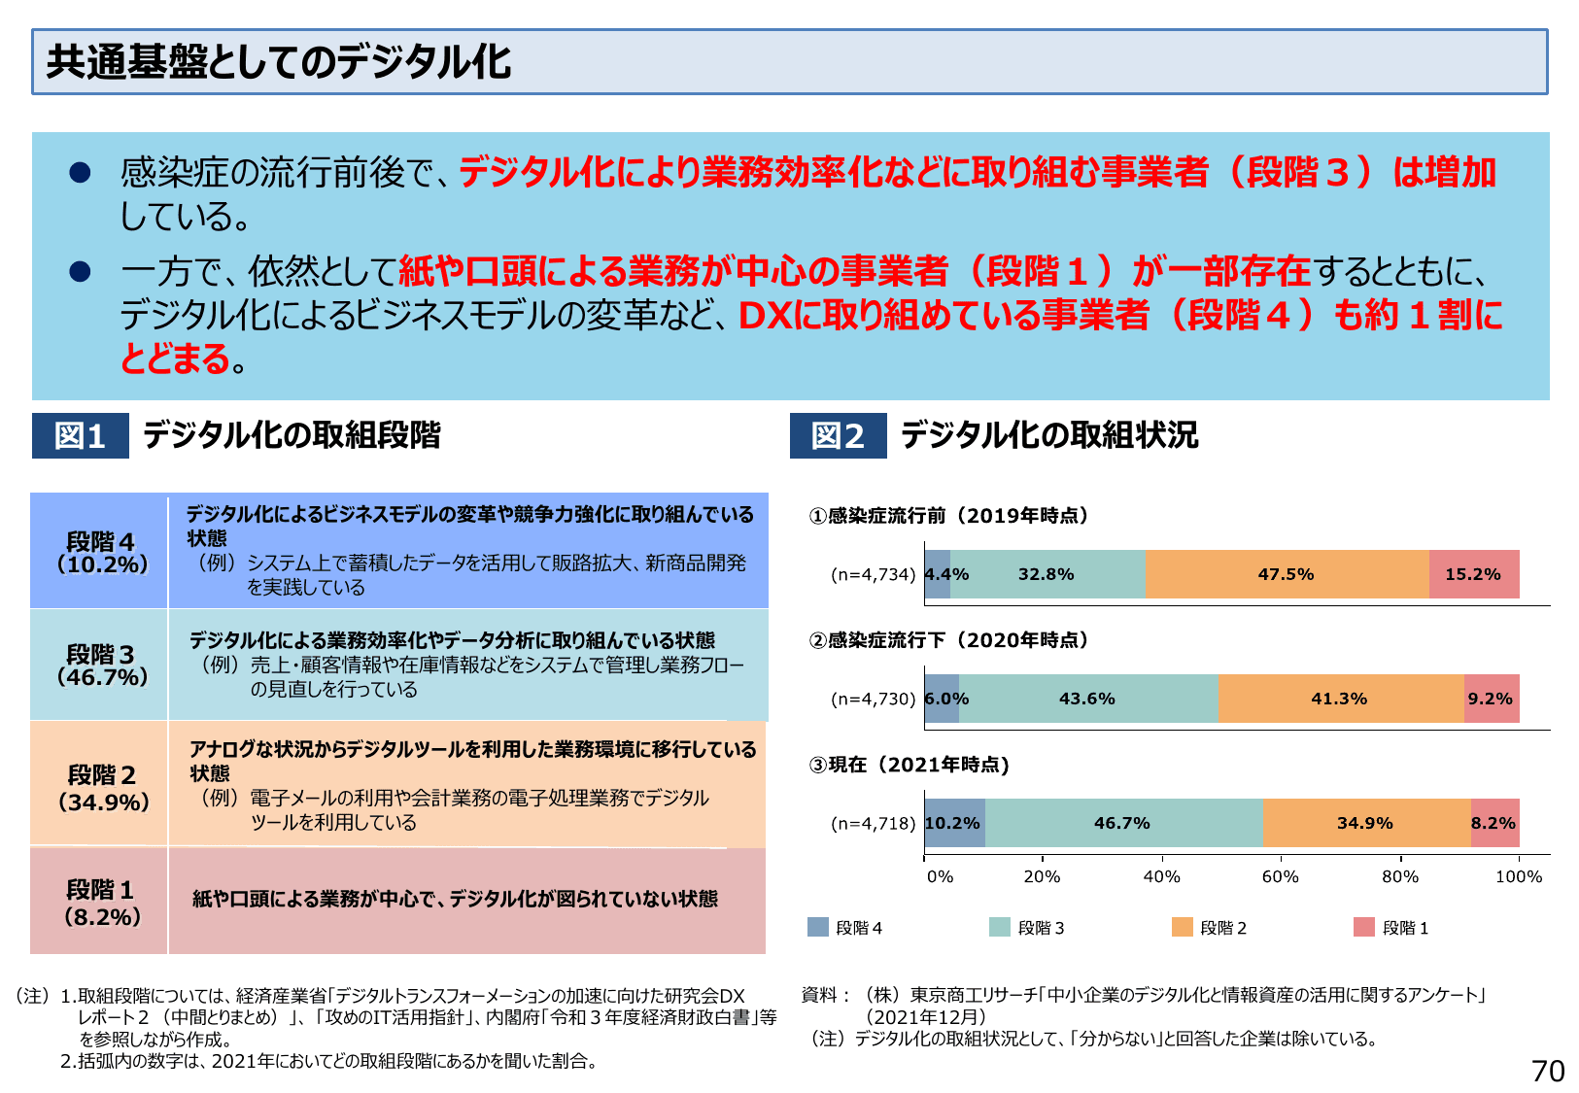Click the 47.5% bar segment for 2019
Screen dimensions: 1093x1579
click(x=1287, y=574)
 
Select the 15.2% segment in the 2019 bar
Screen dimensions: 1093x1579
click(x=1473, y=574)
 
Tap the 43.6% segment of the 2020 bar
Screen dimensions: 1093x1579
click(x=1087, y=699)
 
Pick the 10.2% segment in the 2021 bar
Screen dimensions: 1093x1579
click(x=953, y=823)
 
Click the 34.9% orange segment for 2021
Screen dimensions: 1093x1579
click(x=1365, y=823)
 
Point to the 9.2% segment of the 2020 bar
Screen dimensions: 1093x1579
click(x=1491, y=699)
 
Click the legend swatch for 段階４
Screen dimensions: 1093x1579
click(x=817, y=927)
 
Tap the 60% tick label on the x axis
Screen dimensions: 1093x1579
click(x=1280, y=876)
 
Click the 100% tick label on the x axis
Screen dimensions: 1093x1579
click(x=1518, y=876)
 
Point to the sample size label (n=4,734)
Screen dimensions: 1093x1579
click(x=873, y=574)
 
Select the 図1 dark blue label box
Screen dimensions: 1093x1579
click(x=80, y=435)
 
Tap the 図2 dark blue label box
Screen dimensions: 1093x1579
click(x=838, y=435)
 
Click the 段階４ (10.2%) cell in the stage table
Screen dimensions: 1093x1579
click(x=100, y=552)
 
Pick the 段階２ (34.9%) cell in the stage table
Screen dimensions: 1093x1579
click(x=102, y=787)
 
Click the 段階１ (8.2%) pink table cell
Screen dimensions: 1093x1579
click(x=100, y=902)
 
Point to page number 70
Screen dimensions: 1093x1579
click(x=1548, y=1071)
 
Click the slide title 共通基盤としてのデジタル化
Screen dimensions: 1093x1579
click(x=279, y=62)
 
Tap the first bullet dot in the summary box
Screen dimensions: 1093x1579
click(x=80, y=173)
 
